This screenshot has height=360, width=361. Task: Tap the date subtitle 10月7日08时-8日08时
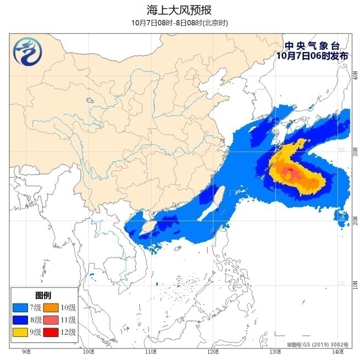[x=180, y=22]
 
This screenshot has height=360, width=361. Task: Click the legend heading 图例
[x=43, y=295]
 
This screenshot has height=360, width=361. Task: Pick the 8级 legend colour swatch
[x=22, y=320]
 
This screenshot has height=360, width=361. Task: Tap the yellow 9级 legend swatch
[x=22, y=333]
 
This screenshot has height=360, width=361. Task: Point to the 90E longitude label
[x=25, y=351]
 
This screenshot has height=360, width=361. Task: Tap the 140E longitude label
[x=339, y=351]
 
